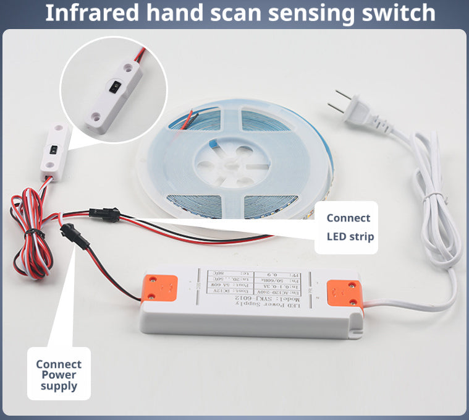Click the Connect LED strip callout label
pyautogui.click(x=349, y=227)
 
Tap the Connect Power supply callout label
pyautogui.click(x=59, y=374)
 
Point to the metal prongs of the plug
pyautogui.click(x=339, y=103)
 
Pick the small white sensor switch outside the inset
pyautogui.click(x=53, y=151)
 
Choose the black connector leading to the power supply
pyautogui.click(x=68, y=234)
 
